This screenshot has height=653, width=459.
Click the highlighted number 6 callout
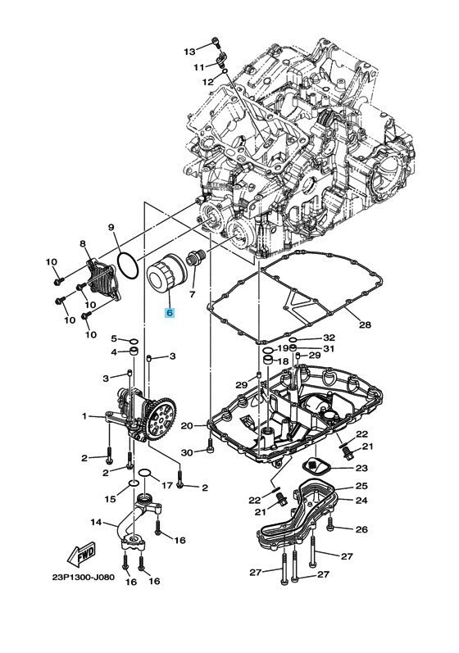coord(170,312)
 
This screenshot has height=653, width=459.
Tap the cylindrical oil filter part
coord(165,274)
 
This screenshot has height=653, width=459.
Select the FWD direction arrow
coord(81,555)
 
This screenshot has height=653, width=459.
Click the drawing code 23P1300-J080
coord(84,578)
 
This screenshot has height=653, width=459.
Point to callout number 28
coord(365,324)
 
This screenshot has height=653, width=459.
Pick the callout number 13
coord(189,52)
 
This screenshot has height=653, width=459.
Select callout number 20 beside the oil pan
coord(187,426)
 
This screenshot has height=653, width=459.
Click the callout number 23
coord(361,468)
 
